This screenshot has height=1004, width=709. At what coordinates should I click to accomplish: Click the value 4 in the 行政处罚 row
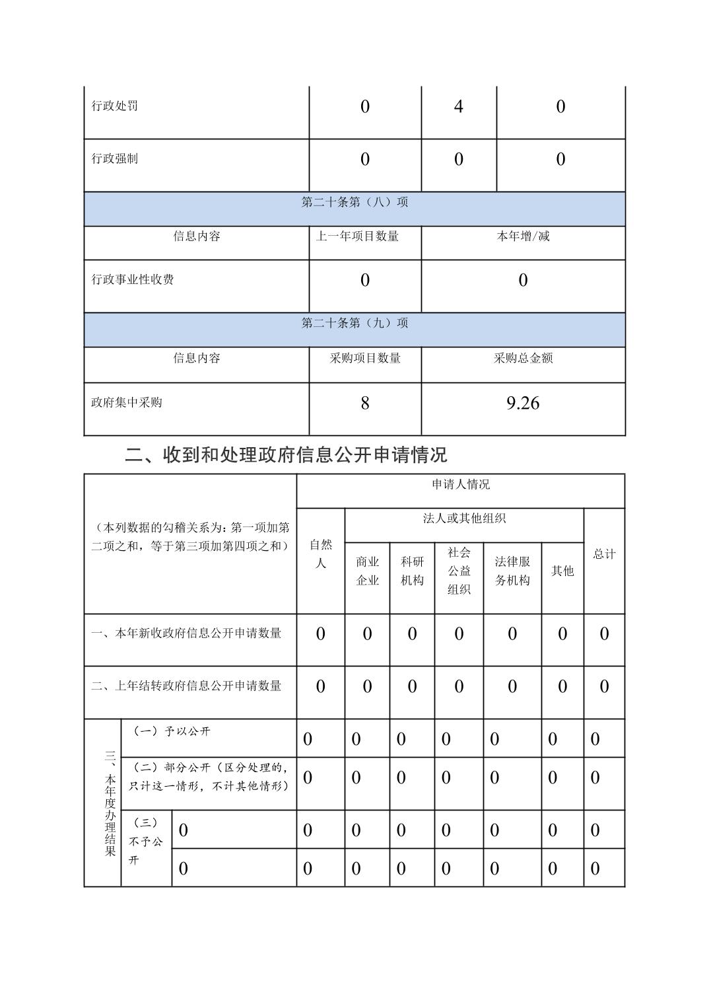458,107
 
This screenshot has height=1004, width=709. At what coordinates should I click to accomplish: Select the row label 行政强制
115,159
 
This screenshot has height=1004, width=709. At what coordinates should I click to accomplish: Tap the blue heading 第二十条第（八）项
355,202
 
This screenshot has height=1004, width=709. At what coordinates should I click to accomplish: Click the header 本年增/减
523,236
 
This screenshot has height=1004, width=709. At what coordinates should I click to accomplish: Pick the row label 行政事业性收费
133,280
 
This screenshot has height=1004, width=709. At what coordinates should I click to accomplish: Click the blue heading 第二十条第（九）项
355,323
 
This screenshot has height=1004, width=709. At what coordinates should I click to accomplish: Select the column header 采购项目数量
365,358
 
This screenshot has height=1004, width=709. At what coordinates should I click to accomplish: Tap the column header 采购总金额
523,358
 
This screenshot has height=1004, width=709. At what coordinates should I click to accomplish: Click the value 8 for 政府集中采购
365,403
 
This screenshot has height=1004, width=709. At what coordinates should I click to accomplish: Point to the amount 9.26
523,403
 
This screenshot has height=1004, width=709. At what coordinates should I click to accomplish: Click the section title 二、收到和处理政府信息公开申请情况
286,454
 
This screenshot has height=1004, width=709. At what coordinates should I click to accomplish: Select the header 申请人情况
461,485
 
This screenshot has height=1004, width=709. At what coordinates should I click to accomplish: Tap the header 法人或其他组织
464,519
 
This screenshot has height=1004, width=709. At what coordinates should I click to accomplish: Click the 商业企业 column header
367,571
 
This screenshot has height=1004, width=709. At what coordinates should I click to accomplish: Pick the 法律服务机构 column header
512,571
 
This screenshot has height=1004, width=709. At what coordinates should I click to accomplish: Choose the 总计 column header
604,554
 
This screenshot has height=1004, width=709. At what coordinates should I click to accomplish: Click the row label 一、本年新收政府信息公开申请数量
186,633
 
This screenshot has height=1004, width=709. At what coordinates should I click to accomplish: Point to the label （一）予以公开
172,732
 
